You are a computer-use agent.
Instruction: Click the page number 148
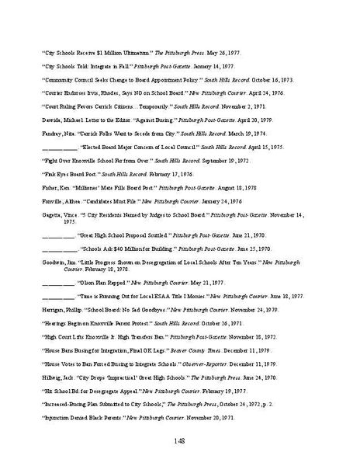click(181, 443)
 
